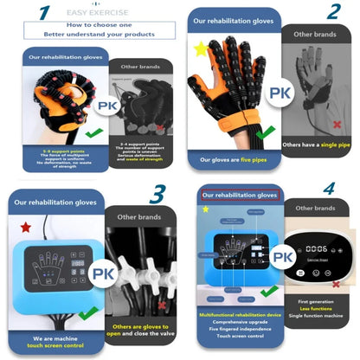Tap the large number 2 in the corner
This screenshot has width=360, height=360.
pyautogui.click(x=333, y=15)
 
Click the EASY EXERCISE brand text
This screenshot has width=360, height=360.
pyautogui.click(x=88, y=14)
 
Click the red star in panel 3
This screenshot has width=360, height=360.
pyautogui.click(x=24, y=228)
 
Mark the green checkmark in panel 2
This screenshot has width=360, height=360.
pyautogui.click(x=269, y=132)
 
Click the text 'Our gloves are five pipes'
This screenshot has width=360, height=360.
pyautogui.click(x=235, y=159)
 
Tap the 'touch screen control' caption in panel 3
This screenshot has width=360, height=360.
pyautogui.click(x=56, y=344)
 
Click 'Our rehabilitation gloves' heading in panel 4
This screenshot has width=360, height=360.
pyautogui.click(x=239, y=196)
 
